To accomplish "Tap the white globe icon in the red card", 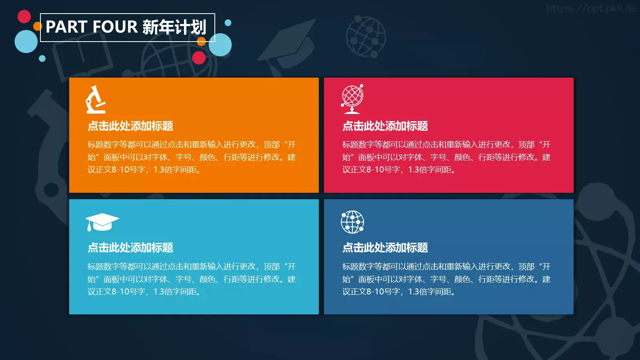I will [x=352, y=99].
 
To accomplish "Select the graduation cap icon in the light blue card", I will [x=102, y=222].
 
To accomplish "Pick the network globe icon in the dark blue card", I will [x=352, y=222].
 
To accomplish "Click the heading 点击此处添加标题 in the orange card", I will [x=130, y=126].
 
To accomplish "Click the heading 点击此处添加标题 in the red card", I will [x=385, y=126].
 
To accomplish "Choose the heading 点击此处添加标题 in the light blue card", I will [x=130, y=248].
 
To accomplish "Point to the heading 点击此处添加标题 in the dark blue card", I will [x=385, y=248].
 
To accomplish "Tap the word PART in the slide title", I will [x=66, y=27].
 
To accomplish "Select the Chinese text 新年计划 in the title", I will [x=174, y=27].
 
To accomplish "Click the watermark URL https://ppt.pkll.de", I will [x=591, y=8].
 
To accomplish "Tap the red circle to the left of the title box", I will [x=24, y=16].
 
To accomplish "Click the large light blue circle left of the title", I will [x=26, y=41].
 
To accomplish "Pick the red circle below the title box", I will [x=199, y=58].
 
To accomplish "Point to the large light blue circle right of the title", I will [x=220, y=45].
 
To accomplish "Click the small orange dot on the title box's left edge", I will [x=38, y=26].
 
